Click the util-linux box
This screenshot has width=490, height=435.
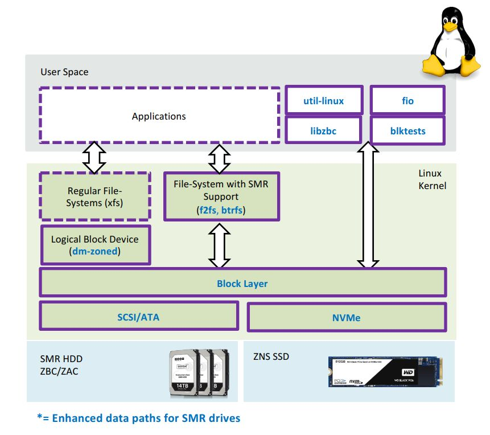coord(323,101)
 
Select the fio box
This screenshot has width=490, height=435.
coord(407,101)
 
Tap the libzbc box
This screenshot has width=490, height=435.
coord(323,131)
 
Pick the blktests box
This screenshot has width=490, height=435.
coord(407,131)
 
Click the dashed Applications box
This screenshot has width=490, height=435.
coord(159,116)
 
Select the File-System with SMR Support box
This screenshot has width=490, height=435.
coord(222,196)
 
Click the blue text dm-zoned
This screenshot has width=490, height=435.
coord(95,251)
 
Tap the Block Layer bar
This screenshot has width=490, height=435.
coord(242,283)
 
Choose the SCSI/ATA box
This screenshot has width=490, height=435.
coord(138,317)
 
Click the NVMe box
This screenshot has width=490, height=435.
coord(347,317)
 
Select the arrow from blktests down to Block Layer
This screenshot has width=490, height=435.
coord(368,205)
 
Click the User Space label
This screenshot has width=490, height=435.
coord(64,72)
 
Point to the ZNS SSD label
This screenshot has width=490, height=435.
coord(270,356)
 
